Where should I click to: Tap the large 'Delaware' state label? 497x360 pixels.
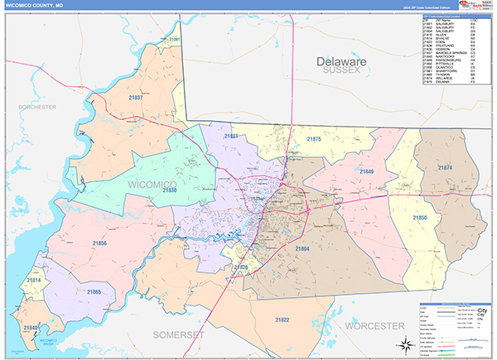(x=340, y=62)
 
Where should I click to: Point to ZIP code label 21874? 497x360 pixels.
(x=445, y=168)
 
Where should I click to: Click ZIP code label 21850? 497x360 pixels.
(x=421, y=217)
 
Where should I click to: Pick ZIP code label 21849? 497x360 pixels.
(x=366, y=171)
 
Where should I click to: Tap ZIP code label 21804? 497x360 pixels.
(x=302, y=248)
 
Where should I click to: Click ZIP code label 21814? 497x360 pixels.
(x=34, y=281)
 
